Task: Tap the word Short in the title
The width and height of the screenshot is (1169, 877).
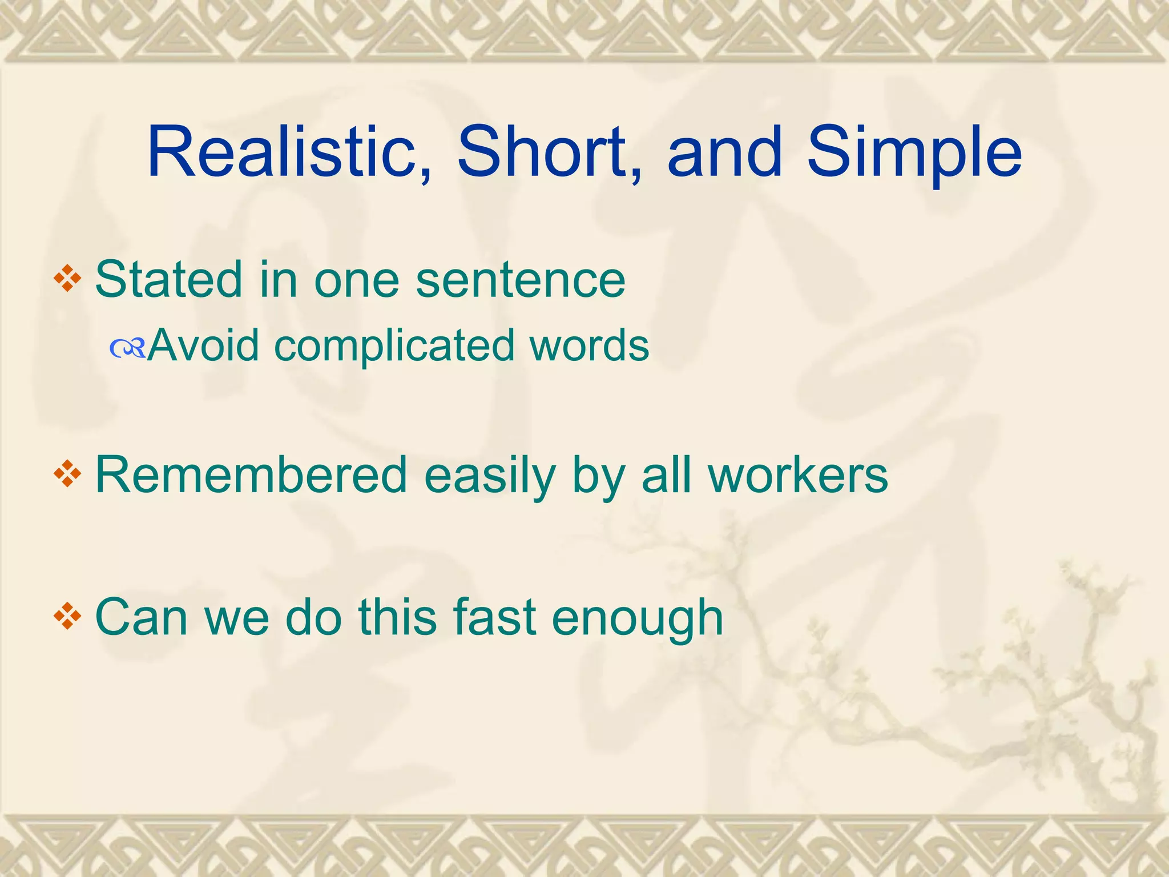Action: click(x=547, y=153)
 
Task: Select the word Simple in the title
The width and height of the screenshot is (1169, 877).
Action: click(x=914, y=153)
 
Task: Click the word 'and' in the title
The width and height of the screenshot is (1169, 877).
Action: click(x=725, y=153)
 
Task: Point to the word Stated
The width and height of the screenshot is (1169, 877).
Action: click(x=169, y=279)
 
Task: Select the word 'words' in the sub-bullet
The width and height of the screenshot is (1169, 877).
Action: click(x=589, y=345)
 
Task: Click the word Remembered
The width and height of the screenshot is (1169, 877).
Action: click(x=251, y=474)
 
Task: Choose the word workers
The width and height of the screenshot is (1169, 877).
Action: click(x=798, y=474)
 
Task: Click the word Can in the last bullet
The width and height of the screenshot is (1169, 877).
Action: click(x=140, y=617)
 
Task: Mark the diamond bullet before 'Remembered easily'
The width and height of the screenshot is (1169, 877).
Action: click(x=67, y=474)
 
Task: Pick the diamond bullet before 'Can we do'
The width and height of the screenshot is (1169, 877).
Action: click(x=67, y=617)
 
